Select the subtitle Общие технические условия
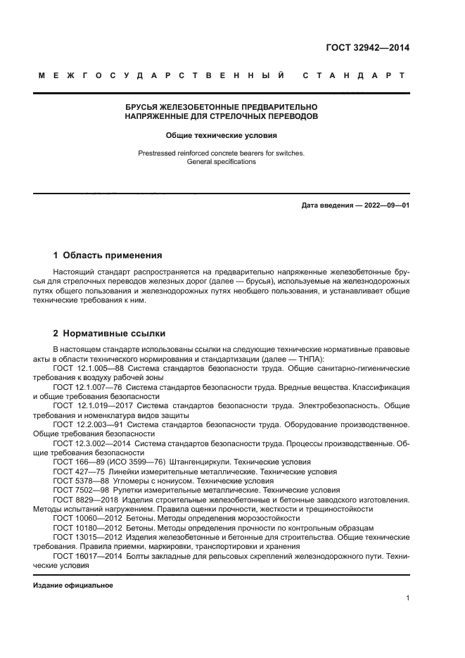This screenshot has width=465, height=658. pyautogui.click(x=222, y=135)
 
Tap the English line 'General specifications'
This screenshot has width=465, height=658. pyautogui.click(x=222, y=161)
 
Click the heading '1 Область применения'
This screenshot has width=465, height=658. pyautogui.click(x=108, y=255)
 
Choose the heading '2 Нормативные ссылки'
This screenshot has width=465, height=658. pyautogui.click(x=110, y=333)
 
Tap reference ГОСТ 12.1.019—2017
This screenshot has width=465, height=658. pyautogui.click(x=91, y=405)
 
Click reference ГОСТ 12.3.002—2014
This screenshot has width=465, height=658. pyautogui.click(x=91, y=443)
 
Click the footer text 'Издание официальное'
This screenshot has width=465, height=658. pyautogui.click(x=72, y=585)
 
